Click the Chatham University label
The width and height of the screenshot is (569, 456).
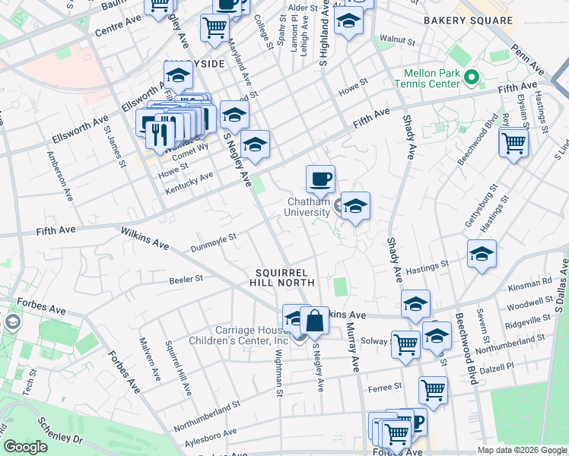[x=308, y=207]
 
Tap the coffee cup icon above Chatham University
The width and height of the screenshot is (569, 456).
[x=320, y=179]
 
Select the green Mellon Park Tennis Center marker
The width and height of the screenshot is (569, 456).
[x=471, y=77]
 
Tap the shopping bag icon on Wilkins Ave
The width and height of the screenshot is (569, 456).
[x=314, y=320]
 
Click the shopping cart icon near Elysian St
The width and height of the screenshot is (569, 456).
[x=514, y=141]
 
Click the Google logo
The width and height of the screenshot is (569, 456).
[x=26, y=446]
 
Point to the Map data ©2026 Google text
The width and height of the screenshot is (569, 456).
[x=520, y=450]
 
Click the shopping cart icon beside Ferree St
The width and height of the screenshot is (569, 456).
[x=433, y=391]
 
